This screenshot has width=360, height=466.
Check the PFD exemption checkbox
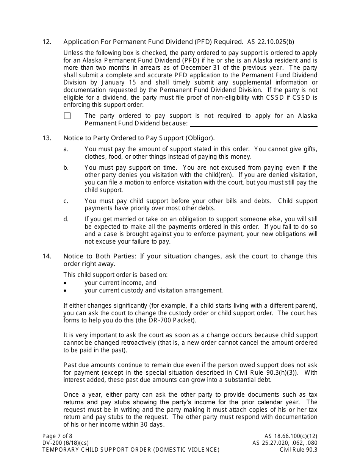67,116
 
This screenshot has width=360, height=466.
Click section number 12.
47,42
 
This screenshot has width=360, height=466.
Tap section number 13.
47,138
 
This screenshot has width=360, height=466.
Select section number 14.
47,256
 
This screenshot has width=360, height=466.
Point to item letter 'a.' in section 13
66,149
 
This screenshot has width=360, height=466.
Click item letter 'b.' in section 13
66,167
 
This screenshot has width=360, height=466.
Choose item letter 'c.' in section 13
66,201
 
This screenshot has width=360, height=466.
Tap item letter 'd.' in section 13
66,219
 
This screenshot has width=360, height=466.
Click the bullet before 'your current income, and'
65,283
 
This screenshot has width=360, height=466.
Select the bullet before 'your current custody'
65,291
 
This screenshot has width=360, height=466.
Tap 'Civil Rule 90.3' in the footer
299,450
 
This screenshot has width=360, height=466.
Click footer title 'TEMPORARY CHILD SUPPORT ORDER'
97,450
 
